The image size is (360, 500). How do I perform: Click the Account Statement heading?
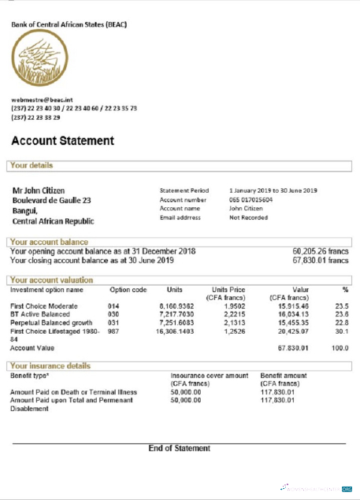click(x=62, y=142)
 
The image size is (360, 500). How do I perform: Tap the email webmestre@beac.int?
click(x=42, y=100)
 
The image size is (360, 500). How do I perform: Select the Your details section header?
click(x=32, y=166)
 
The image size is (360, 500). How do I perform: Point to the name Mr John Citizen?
click(x=39, y=191)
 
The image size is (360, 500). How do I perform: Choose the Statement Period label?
click(x=184, y=191)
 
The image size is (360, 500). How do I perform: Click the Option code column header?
click(x=128, y=290)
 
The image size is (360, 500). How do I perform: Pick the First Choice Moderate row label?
click(x=43, y=306)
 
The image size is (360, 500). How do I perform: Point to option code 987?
click(x=113, y=331)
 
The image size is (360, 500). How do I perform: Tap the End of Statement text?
click(x=180, y=448)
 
